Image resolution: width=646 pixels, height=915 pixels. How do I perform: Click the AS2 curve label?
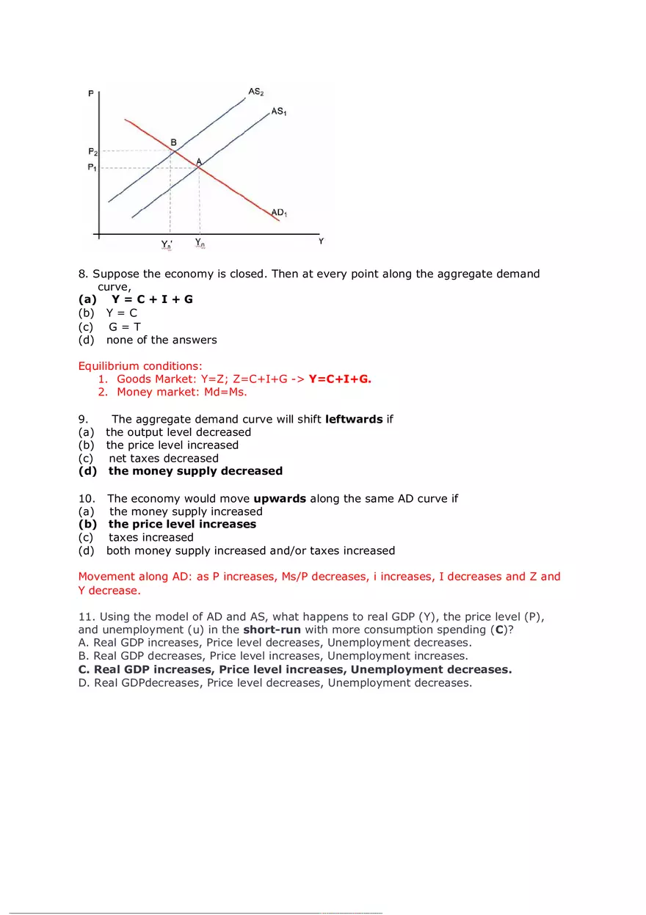[256, 92]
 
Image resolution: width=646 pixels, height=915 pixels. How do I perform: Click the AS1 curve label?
[279, 112]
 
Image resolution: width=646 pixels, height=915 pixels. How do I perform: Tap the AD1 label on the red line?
[279, 213]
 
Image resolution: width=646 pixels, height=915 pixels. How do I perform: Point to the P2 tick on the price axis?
[92, 152]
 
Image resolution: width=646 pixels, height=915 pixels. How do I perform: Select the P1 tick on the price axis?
[92, 168]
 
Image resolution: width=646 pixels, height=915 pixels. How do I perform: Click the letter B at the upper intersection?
[173, 142]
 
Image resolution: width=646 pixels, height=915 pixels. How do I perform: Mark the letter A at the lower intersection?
[198, 161]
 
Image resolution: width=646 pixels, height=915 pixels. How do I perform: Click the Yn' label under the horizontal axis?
[167, 244]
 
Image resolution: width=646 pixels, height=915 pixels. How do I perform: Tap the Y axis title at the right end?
[321, 241]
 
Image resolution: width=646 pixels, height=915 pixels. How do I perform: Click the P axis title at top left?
[90, 94]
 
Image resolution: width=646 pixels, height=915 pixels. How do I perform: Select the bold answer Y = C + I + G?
[152, 299]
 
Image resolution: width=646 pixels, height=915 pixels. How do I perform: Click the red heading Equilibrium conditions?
[140, 366]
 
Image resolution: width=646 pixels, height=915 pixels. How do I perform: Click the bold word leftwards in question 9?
[354, 419]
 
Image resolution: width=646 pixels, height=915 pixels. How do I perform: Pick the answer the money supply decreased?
[195, 471]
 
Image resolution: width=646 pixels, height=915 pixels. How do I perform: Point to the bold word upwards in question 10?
[280, 498]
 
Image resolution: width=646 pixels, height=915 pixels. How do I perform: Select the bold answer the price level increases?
[182, 524]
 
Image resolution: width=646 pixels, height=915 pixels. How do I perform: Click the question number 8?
[83, 274]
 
